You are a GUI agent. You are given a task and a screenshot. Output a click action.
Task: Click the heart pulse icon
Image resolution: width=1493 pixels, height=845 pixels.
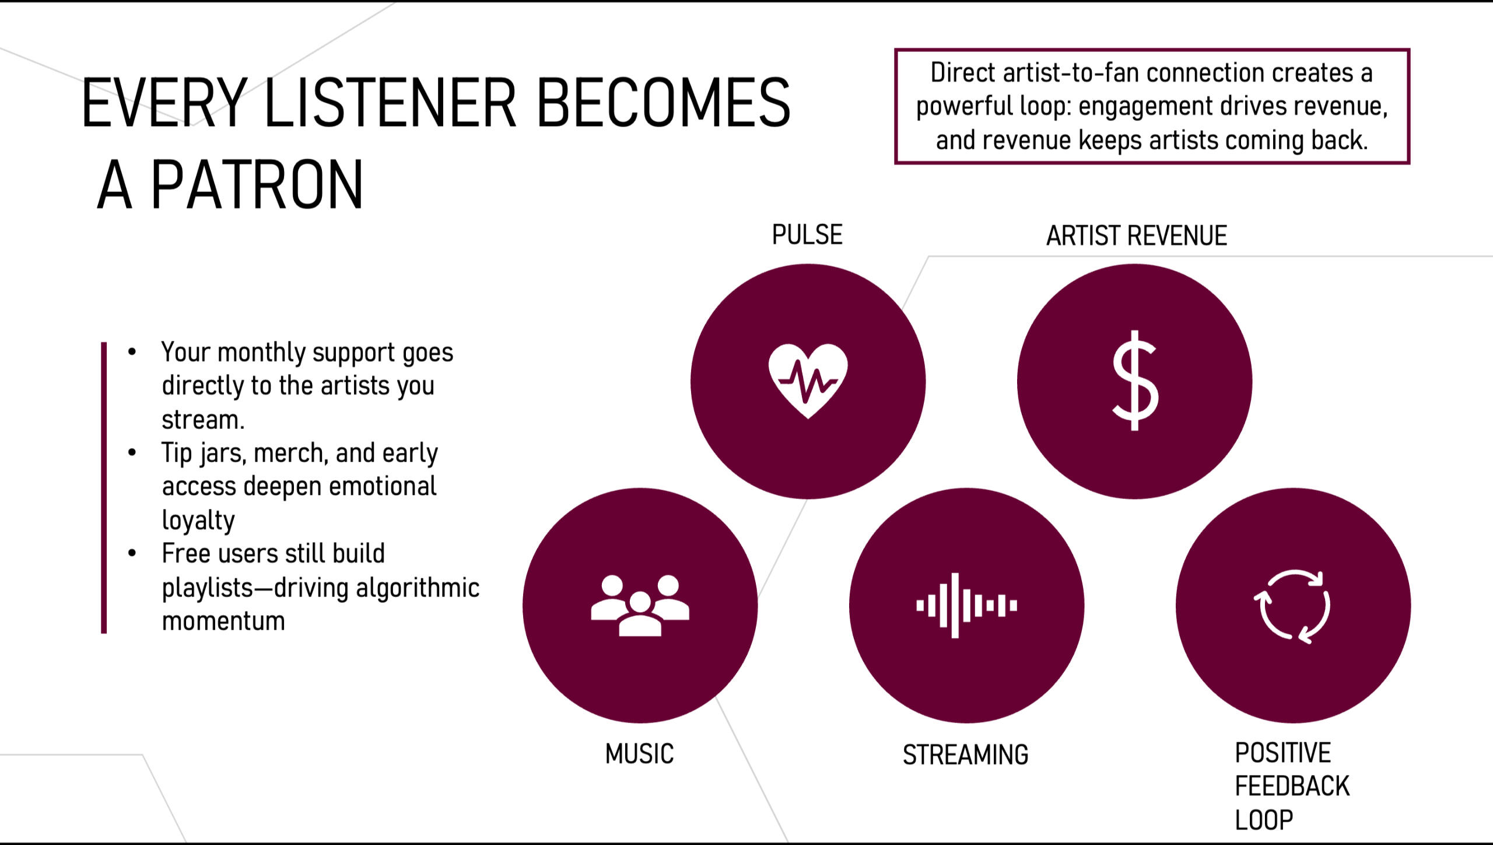click(x=808, y=381)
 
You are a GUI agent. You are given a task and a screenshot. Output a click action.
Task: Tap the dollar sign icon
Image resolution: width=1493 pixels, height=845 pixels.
click(x=1135, y=380)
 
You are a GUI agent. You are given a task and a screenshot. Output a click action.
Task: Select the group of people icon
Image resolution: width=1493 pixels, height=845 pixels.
click(x=640, y=605)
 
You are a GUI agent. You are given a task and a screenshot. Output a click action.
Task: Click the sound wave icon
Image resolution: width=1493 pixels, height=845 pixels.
click(x=966, y=606)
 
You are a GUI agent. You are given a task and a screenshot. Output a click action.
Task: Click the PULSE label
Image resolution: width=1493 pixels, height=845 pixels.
click(x=807, y=235)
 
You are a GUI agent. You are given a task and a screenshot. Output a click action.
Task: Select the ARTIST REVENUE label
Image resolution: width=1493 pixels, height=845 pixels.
click(x=1137, y=236)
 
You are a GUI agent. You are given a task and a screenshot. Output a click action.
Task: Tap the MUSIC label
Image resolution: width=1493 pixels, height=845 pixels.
click(x=639, y=754)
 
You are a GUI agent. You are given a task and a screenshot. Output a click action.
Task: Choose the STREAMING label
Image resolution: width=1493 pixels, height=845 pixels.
click(x=966, y=755)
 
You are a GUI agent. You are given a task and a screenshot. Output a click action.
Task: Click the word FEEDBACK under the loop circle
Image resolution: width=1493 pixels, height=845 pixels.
click(x=1292, y=786)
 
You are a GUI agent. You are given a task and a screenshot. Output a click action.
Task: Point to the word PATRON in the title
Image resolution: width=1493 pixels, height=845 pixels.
click(x=257, y=184)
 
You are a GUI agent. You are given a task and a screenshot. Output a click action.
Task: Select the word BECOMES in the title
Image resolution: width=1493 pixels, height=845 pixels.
click(x=663, y=103)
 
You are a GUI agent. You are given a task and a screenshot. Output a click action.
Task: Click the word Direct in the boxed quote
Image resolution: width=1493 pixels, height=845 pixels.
click(x=963, y=72)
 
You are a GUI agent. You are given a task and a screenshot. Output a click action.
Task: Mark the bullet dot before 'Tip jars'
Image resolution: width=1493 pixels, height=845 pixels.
click(x=132, y=452)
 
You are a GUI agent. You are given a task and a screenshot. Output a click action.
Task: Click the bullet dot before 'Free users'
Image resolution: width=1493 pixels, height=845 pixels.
click(x=132, y=553)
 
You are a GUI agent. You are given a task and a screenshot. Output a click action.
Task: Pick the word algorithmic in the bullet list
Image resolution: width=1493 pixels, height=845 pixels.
click(x=418, y=588)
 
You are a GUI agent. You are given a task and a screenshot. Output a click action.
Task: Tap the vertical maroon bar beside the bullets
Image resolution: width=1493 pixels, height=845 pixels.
click(x=104, y=488)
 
